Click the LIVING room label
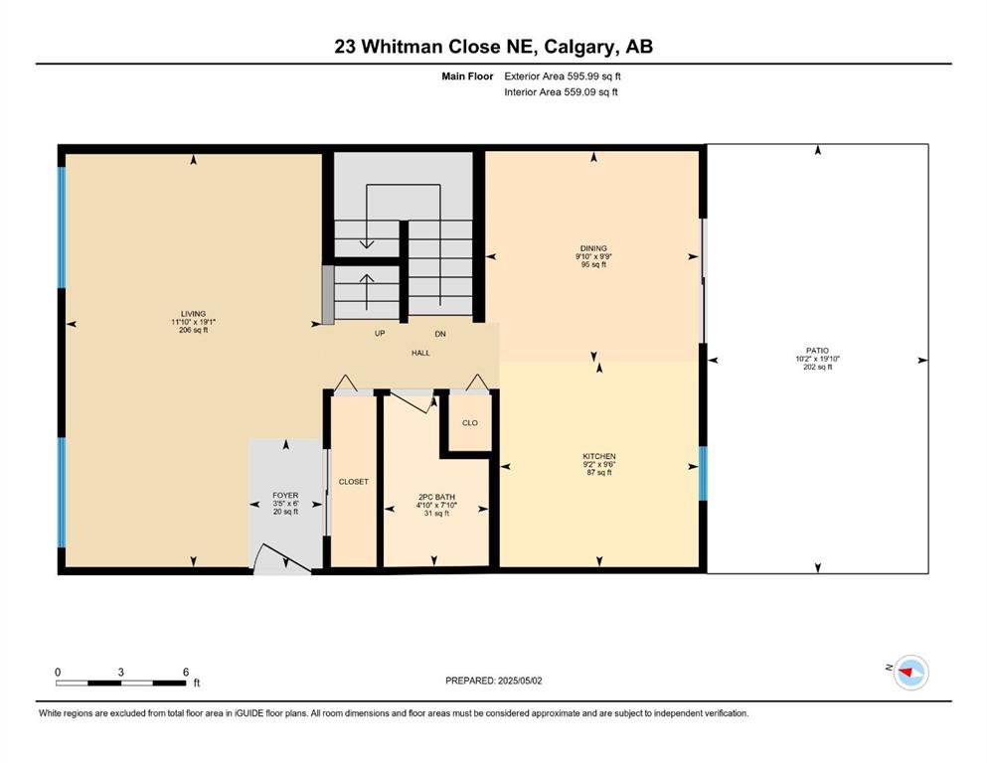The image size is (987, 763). [193, 314]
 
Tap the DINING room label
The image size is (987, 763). [593, 248]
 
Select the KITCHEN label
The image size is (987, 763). [599, 456]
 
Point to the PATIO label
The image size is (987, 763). [817, 351]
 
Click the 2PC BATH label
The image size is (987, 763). [436, 497]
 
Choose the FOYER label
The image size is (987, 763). [285, 496]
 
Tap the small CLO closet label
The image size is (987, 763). [470, 422]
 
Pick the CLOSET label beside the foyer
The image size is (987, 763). [353, 482]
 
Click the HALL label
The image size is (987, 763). [420, 353]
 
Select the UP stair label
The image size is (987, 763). [380, 334]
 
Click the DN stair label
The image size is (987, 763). [440, 334]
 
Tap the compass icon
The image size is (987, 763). [910, 673]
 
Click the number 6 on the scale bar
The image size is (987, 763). [186, 672]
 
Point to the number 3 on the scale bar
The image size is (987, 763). [121, 672]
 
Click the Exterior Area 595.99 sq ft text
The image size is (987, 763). [563, 76]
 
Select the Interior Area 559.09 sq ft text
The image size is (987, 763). [561, 91]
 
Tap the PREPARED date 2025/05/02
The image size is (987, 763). [520, 681]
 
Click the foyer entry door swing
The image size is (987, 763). [282, 558]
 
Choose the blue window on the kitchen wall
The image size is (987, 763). [703, 473]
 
